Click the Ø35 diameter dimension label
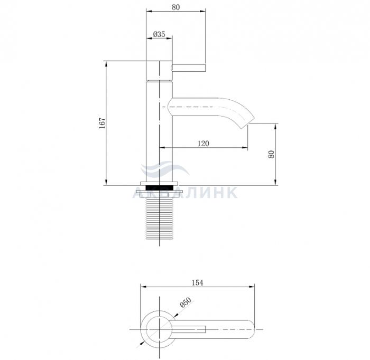click(159, 34)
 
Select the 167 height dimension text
click(102, 123)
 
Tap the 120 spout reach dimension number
click(203, 143)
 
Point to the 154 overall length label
click(197, 283)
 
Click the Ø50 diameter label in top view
click(186, 302)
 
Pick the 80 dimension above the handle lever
click(175, 7)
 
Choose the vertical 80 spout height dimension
click(271, 154)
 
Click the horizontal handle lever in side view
click(189, 68)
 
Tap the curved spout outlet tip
click(248, 123)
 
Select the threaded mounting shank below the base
click(159, 218)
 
